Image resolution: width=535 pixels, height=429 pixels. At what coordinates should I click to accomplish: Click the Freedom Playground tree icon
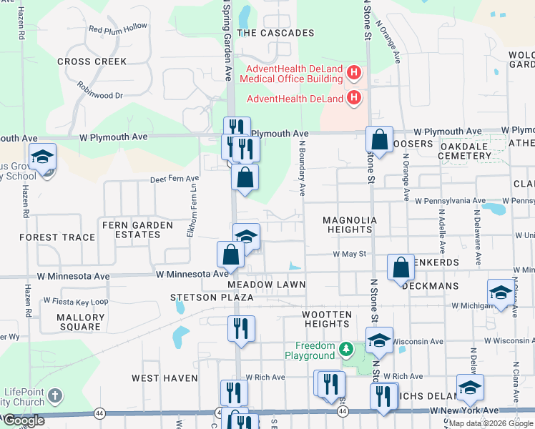point(346,349)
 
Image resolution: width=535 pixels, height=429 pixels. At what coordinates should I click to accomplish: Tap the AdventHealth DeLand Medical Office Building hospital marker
point(353,72)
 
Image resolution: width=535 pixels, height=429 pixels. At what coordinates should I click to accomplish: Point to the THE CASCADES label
point(275,33)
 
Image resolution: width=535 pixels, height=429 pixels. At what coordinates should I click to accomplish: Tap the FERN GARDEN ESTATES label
point(137,230)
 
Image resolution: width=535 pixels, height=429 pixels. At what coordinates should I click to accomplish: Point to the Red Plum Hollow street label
point(117,29)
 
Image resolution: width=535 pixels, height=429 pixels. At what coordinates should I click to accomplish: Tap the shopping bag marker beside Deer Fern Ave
point(245,177)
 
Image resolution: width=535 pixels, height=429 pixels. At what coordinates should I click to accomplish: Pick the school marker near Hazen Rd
point(43,157)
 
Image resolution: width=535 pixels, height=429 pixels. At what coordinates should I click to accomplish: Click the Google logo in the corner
point(24,421)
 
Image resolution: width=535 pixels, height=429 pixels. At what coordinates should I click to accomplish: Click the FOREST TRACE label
point(57,237)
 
